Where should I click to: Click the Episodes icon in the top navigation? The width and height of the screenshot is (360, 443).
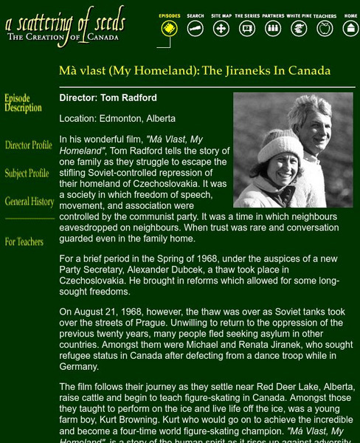click(x=170, y=29)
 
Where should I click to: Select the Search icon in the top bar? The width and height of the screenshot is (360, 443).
click(x=195, y=29)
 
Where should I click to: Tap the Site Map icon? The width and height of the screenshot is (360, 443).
click(x=221, y=29)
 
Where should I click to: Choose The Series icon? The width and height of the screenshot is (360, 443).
click(x=247, y=29)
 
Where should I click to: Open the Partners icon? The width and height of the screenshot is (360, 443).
click(x=273, y=29)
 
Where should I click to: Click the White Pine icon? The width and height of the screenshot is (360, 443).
click(x=299, y=29)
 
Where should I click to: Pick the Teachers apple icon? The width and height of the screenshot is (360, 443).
click(x=325, y=29)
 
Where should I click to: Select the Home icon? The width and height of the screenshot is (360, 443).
click(x=350, y=29)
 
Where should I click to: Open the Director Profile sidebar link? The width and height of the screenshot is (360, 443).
click(x=28, y=145)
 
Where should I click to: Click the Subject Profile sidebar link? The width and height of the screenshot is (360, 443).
click(x=27, y=174)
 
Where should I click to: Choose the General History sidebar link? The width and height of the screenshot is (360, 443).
click(x=29, y=202)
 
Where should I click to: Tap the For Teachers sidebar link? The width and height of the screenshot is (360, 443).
click(x=24, y=241)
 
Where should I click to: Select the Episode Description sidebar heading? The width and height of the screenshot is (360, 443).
click(x=23, y=103)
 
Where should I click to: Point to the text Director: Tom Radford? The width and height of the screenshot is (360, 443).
click(x=108, y=98)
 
